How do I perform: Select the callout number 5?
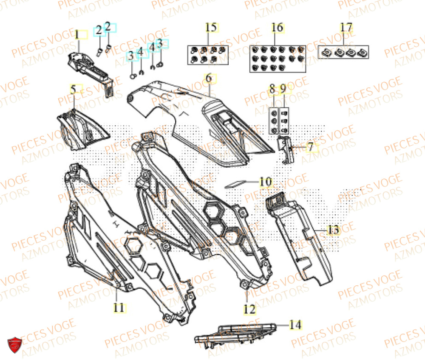74,90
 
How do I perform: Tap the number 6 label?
209,78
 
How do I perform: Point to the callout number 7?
310,147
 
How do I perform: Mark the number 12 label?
250,309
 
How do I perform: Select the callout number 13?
333,230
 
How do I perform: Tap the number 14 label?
295,325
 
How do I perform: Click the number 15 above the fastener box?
210,28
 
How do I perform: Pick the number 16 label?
277,28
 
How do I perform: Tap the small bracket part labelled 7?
286,148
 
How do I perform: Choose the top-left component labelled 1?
87,68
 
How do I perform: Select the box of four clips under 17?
344,52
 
